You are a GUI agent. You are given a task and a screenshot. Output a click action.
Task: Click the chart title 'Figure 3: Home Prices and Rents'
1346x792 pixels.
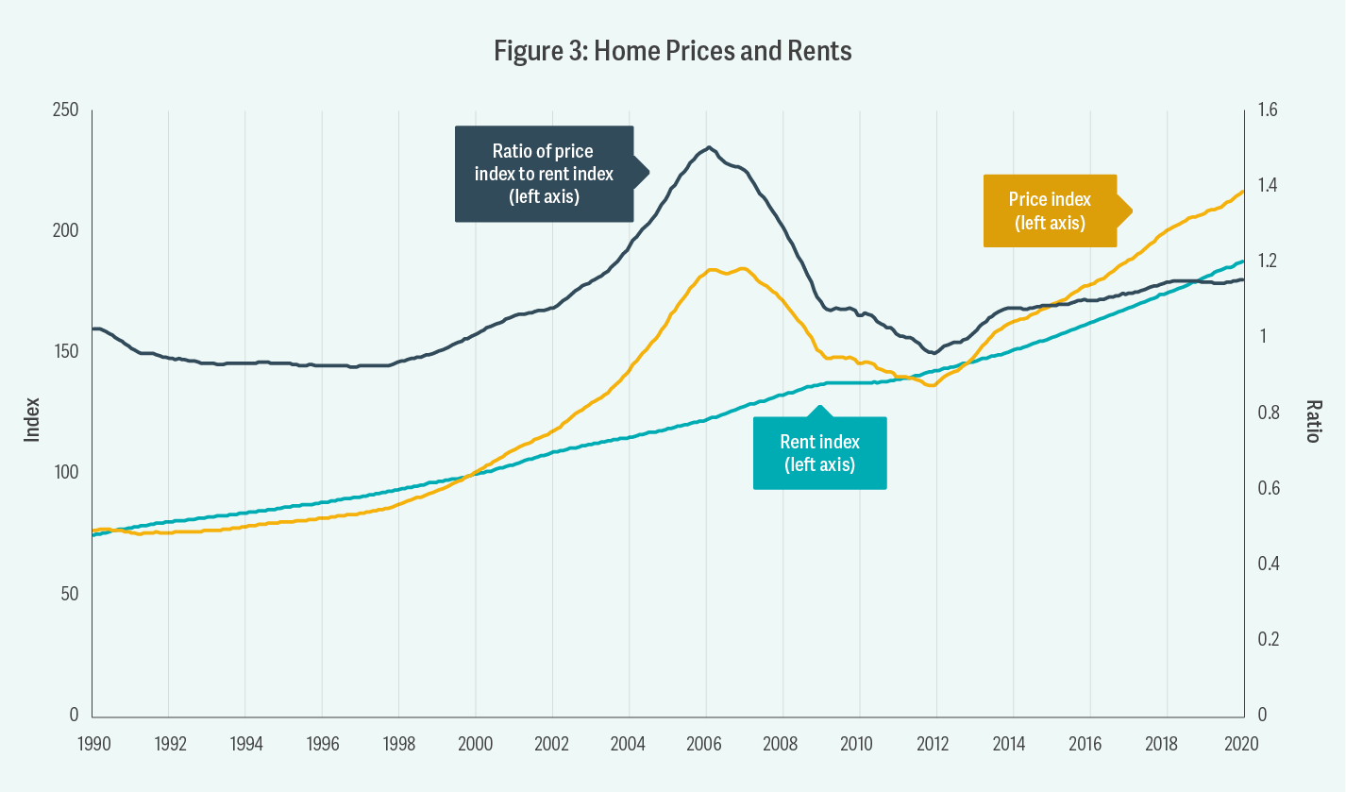(673, 51)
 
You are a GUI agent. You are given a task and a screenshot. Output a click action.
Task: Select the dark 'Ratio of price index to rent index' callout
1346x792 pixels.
(544, 175)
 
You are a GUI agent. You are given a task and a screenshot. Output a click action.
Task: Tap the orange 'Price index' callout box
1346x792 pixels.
(1050, 211)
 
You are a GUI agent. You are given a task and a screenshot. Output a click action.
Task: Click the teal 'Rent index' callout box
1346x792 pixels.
(819, 453)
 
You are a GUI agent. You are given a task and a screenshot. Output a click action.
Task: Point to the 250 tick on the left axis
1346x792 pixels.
(64, 110)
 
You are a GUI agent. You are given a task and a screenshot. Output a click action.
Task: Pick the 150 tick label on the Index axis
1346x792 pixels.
(64, 352)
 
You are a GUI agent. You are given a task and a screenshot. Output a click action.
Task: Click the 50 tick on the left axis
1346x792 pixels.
(68, 594)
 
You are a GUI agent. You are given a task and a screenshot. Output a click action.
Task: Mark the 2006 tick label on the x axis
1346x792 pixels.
(705, 742)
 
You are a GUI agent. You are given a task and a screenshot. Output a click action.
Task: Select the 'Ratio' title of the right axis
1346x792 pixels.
(1312, 420)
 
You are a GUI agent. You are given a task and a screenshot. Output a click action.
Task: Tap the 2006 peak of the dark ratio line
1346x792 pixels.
(708, 147)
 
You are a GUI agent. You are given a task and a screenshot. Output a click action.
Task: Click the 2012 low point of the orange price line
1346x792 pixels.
(932, 385)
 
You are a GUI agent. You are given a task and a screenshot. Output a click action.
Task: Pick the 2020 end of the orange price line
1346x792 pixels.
(1242, 191)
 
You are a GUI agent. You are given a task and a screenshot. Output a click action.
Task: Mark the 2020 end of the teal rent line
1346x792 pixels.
(1242, 261)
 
